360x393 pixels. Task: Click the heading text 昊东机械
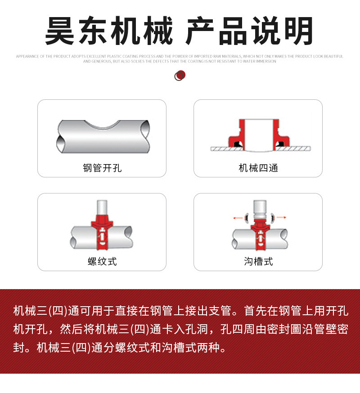(108, 31)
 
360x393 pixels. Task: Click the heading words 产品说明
(250, 31)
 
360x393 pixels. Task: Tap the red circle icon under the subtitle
(180, 75)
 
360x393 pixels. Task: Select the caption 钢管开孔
(102, 168)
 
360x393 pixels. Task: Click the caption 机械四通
(258, 168)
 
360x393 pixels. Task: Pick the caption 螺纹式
(102, 261)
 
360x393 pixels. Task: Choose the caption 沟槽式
(258, 261)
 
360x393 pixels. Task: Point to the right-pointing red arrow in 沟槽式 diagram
(281, 217)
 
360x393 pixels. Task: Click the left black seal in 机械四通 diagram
(234, 144)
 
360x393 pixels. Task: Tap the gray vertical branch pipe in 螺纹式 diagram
(102, 207)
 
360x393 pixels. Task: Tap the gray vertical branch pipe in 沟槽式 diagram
(259, 206)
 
